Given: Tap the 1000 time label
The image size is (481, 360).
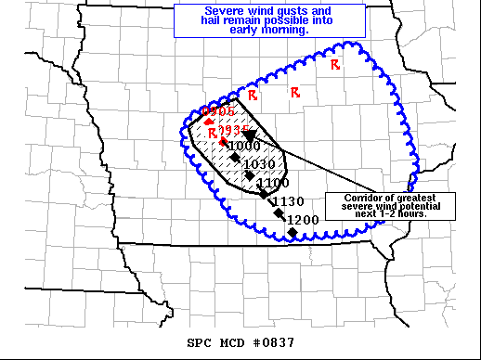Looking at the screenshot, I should point(244,146).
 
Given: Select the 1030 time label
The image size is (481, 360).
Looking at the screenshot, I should point(262,164).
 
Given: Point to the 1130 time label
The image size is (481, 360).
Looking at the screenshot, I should point(287,201).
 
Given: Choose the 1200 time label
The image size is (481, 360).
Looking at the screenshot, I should point(303,220).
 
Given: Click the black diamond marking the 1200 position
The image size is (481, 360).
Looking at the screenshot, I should point(292,232).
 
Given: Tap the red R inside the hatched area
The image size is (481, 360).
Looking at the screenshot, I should point(213,134).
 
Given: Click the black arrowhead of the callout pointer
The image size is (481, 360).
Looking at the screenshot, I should point(251,137).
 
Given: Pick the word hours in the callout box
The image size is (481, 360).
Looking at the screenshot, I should point(409,213).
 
